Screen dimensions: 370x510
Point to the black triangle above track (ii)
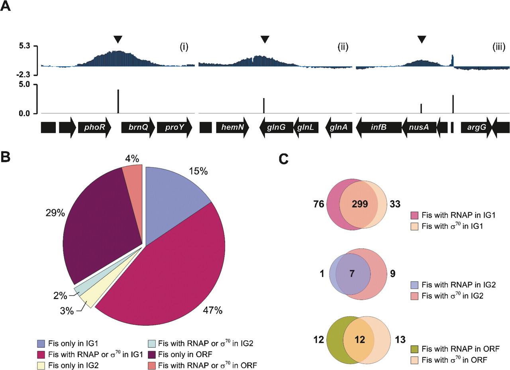(265, 39)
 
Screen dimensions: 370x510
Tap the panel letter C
(283, 159)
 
